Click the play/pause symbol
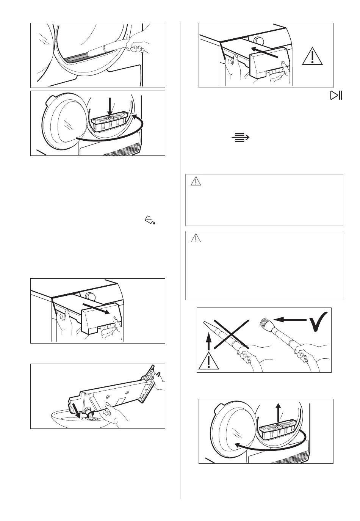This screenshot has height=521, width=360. [336, 96]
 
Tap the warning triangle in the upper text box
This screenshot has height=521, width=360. [196, 182]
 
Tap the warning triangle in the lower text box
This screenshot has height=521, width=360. [196, 239]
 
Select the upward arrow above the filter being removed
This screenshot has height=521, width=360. [279, 410]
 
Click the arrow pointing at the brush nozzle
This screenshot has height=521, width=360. [290, 321]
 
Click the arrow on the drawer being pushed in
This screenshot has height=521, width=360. [265, 52]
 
